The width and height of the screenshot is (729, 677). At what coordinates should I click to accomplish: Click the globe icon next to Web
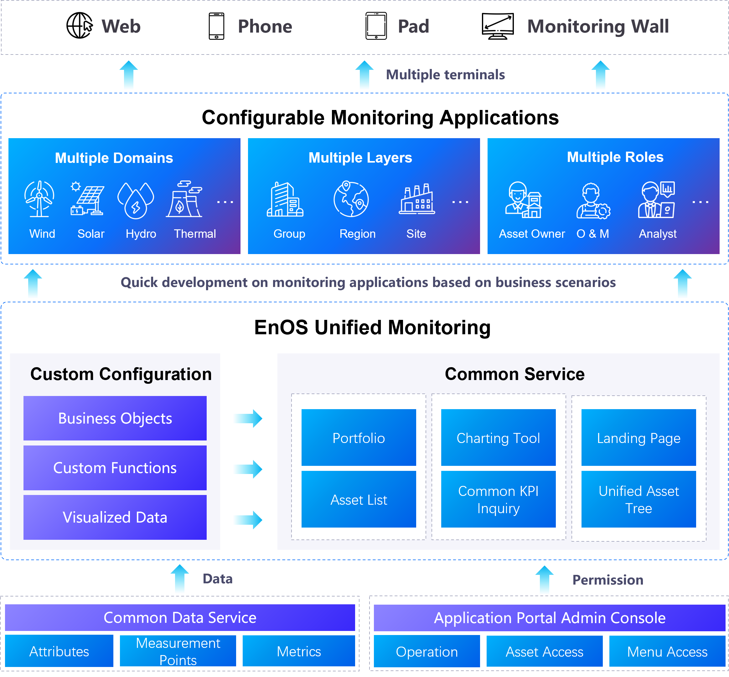point(79,26)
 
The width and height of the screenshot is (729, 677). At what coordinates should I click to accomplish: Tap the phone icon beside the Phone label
point(216,26)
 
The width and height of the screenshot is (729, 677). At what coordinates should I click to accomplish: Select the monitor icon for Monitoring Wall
point(498,26)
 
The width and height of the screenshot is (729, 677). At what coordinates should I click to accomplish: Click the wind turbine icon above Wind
point(39,199)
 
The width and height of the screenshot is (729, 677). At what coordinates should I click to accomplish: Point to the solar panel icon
point(87,199)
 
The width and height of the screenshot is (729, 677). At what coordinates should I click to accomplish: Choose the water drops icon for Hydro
point(136,200)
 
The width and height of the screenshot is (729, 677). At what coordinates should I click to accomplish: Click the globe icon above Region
point(351,199)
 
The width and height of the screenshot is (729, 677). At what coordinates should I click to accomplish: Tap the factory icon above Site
point(417,199)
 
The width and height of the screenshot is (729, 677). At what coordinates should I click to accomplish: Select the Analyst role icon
point(656,200)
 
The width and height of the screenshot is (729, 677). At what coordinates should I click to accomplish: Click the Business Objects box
point(115,418)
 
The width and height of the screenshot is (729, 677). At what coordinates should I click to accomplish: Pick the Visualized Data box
point(115,517)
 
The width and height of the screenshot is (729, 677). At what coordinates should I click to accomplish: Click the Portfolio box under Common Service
point(359,437)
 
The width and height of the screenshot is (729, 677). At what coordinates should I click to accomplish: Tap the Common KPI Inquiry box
point(498,499)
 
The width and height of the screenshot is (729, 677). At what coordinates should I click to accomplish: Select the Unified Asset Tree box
point(638,499)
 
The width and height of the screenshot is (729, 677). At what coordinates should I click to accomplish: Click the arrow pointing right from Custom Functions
point(247,469)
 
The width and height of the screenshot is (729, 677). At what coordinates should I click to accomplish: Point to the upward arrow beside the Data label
point(180,579)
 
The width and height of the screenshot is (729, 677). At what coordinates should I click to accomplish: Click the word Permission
point(607,580)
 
